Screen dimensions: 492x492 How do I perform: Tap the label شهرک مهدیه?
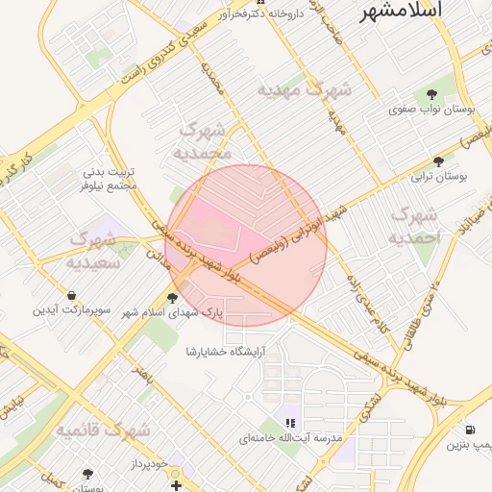pos(305,89)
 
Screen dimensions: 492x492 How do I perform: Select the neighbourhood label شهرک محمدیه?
pos(204,140)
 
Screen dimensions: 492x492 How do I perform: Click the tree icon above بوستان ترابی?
pos(439,161)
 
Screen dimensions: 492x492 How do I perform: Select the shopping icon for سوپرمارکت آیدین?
pos(71,295)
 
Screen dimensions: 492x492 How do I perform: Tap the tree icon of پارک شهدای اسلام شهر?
pos(173,297)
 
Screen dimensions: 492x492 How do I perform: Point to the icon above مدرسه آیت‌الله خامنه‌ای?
pos(290,422)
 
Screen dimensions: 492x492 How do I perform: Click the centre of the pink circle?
pos(246,246)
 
